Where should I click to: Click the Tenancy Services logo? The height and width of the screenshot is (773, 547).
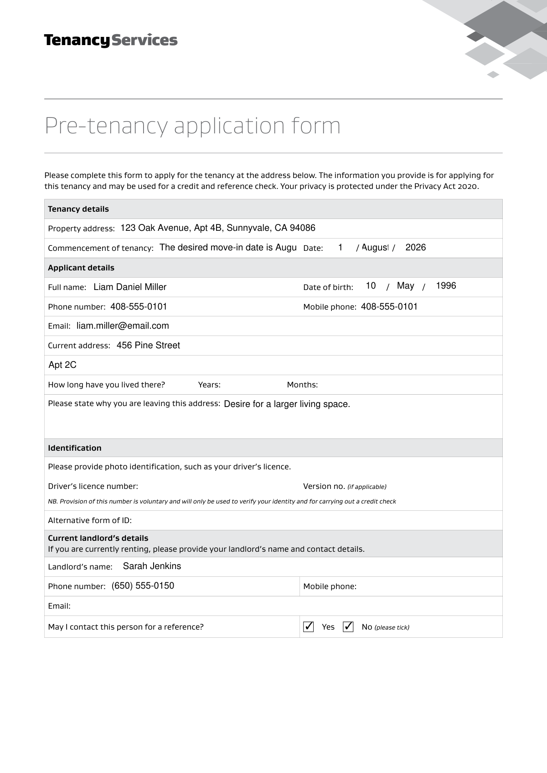click(x=111, y=41)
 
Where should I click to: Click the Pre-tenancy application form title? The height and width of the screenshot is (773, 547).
click(x=192, y=126)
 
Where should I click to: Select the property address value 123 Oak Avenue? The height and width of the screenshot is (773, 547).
click(x=218, y=228)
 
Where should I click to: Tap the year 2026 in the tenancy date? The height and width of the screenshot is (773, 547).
click(x=415, y=248)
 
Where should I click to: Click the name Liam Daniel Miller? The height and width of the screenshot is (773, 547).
click(x=130, y=287)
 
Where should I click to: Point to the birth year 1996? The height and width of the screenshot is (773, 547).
click(x=446, y=286)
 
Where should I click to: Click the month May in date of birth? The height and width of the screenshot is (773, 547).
click(x=405, y=286)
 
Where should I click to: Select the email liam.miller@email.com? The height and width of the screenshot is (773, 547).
click(x=123, y=326)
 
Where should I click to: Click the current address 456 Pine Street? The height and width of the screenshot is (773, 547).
click(x=148, y=346)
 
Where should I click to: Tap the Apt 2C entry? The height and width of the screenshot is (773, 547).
click(x=62, y=365)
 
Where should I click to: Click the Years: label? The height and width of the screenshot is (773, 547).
click(x=209, y=385)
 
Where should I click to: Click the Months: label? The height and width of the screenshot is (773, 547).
click(x=302, y=385)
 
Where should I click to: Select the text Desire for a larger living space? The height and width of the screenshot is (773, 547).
click(x=287, y=404)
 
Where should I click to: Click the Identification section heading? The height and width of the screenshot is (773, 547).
click(x=75, y=448)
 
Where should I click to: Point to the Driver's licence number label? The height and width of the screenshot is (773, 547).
click(x=93, y=486)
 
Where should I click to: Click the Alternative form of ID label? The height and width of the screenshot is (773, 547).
click(x=90, y=520)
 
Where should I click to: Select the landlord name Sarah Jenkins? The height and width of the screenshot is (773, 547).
click(x=152, y=566)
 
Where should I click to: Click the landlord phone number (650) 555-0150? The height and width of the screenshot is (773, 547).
click(x=143, y=586)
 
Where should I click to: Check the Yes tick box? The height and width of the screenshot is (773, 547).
click(x=309, y=627)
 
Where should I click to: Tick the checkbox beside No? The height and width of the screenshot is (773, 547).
click(x=348, y=627)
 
